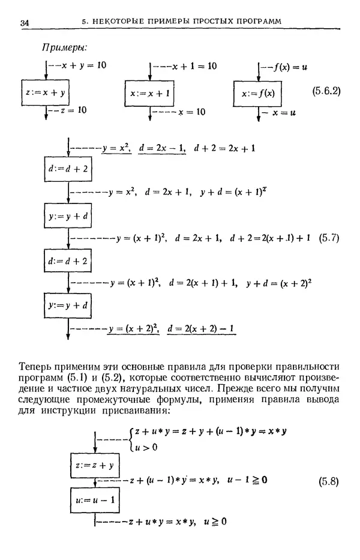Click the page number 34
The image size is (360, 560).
pos(25,23)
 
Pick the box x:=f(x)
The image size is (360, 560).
pos(257,95)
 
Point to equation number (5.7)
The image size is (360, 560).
pos(328,237)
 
